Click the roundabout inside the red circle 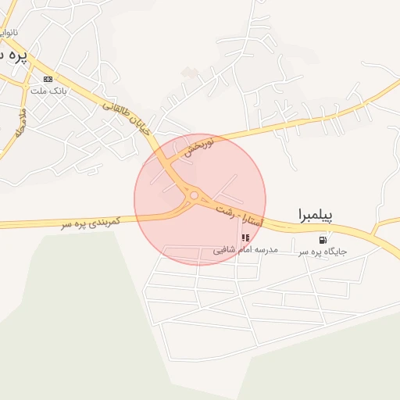(x=192, y=195)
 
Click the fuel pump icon (x=323, y=238)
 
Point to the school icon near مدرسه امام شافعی (x=245, y=237)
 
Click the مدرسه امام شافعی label (x=245, y=251)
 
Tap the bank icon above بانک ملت (x=48, y=79)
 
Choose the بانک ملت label (x=48, y=91)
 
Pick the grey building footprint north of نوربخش (x=190, y=73)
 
